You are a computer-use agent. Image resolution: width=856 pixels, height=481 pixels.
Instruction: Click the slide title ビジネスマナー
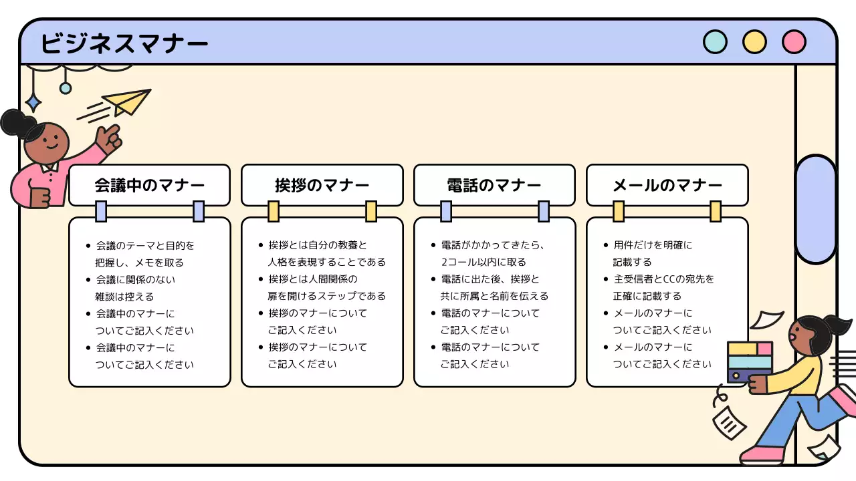click(x=124, y=43)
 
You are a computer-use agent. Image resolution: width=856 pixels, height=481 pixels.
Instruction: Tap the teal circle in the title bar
click(x=715, y=42)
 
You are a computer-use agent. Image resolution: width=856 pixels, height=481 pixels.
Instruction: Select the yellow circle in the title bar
click(x=754, y=42)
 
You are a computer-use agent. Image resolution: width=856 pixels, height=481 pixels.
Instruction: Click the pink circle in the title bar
click(x=794, y=42)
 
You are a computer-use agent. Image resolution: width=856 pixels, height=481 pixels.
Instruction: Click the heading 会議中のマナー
click(x=149, y=185)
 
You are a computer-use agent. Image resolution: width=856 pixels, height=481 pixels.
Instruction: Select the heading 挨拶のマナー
click(x=322, y=185)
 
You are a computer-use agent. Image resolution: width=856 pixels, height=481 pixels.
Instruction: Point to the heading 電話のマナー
click(x=494, y=185)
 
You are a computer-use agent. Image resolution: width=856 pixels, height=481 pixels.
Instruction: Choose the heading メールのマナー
click(x=667, y=185)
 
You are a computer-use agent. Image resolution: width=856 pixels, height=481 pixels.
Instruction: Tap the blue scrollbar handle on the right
click(x=815, y=209)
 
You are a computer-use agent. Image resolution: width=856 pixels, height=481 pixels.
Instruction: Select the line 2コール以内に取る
click(x=483, y=262)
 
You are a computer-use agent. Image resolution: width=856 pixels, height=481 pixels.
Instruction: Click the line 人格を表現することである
click(x=326, y=262)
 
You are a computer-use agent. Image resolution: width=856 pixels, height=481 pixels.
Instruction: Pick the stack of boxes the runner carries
click(x=750, y=361)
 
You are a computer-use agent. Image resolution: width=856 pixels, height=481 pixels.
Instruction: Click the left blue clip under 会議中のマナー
click(x=101, y=211)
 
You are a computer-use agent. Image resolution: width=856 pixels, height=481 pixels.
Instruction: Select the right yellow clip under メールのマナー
click(x=716, y=211)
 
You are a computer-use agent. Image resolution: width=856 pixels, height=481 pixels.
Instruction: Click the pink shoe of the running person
click(x=762, y=455)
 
